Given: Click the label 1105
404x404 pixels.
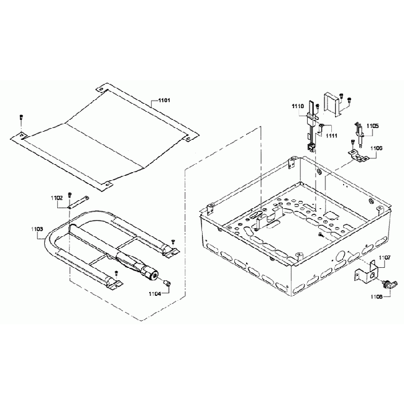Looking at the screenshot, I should click(372, 126).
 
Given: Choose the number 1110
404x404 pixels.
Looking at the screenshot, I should click(298, 107).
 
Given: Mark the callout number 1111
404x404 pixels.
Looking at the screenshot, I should click(331, 135).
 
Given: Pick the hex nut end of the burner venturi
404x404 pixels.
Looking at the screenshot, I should click(150, 272).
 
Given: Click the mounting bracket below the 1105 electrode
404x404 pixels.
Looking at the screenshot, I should click(357, 155).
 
